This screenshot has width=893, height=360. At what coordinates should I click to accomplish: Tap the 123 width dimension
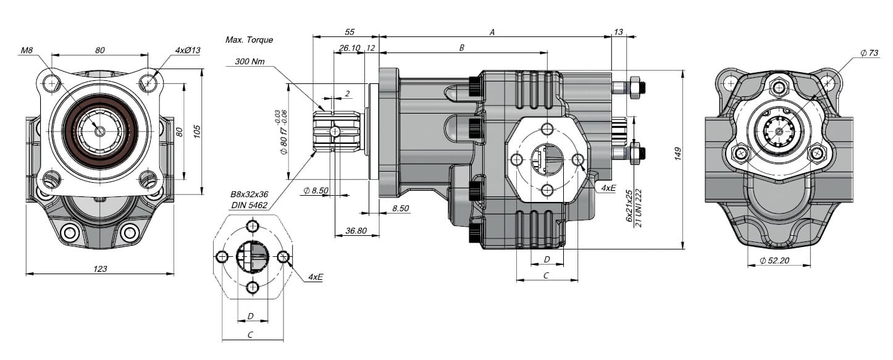pyautogui.click(x=100, y=269)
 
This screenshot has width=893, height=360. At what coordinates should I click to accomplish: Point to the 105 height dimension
pyautogui.click(x=197, y=132)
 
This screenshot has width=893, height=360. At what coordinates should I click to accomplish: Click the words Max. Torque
pyautogui.click(x=249, y=40)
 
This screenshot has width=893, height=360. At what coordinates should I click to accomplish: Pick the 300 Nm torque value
pyautogui.click(x=250, y=62)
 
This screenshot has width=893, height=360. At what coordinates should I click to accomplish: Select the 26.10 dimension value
pyautogui.click(x=350, y=48)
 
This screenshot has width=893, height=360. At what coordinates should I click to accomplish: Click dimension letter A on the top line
pyautogui.click(x=492, y=33)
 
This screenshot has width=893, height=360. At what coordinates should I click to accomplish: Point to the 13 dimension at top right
pyautogui.click(x=619, y=32)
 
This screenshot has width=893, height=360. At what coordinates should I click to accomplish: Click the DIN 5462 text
pyautogui.click(x=249, y=205)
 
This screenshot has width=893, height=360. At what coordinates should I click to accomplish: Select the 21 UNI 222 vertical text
pyautogui.click(x=639, y=208)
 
